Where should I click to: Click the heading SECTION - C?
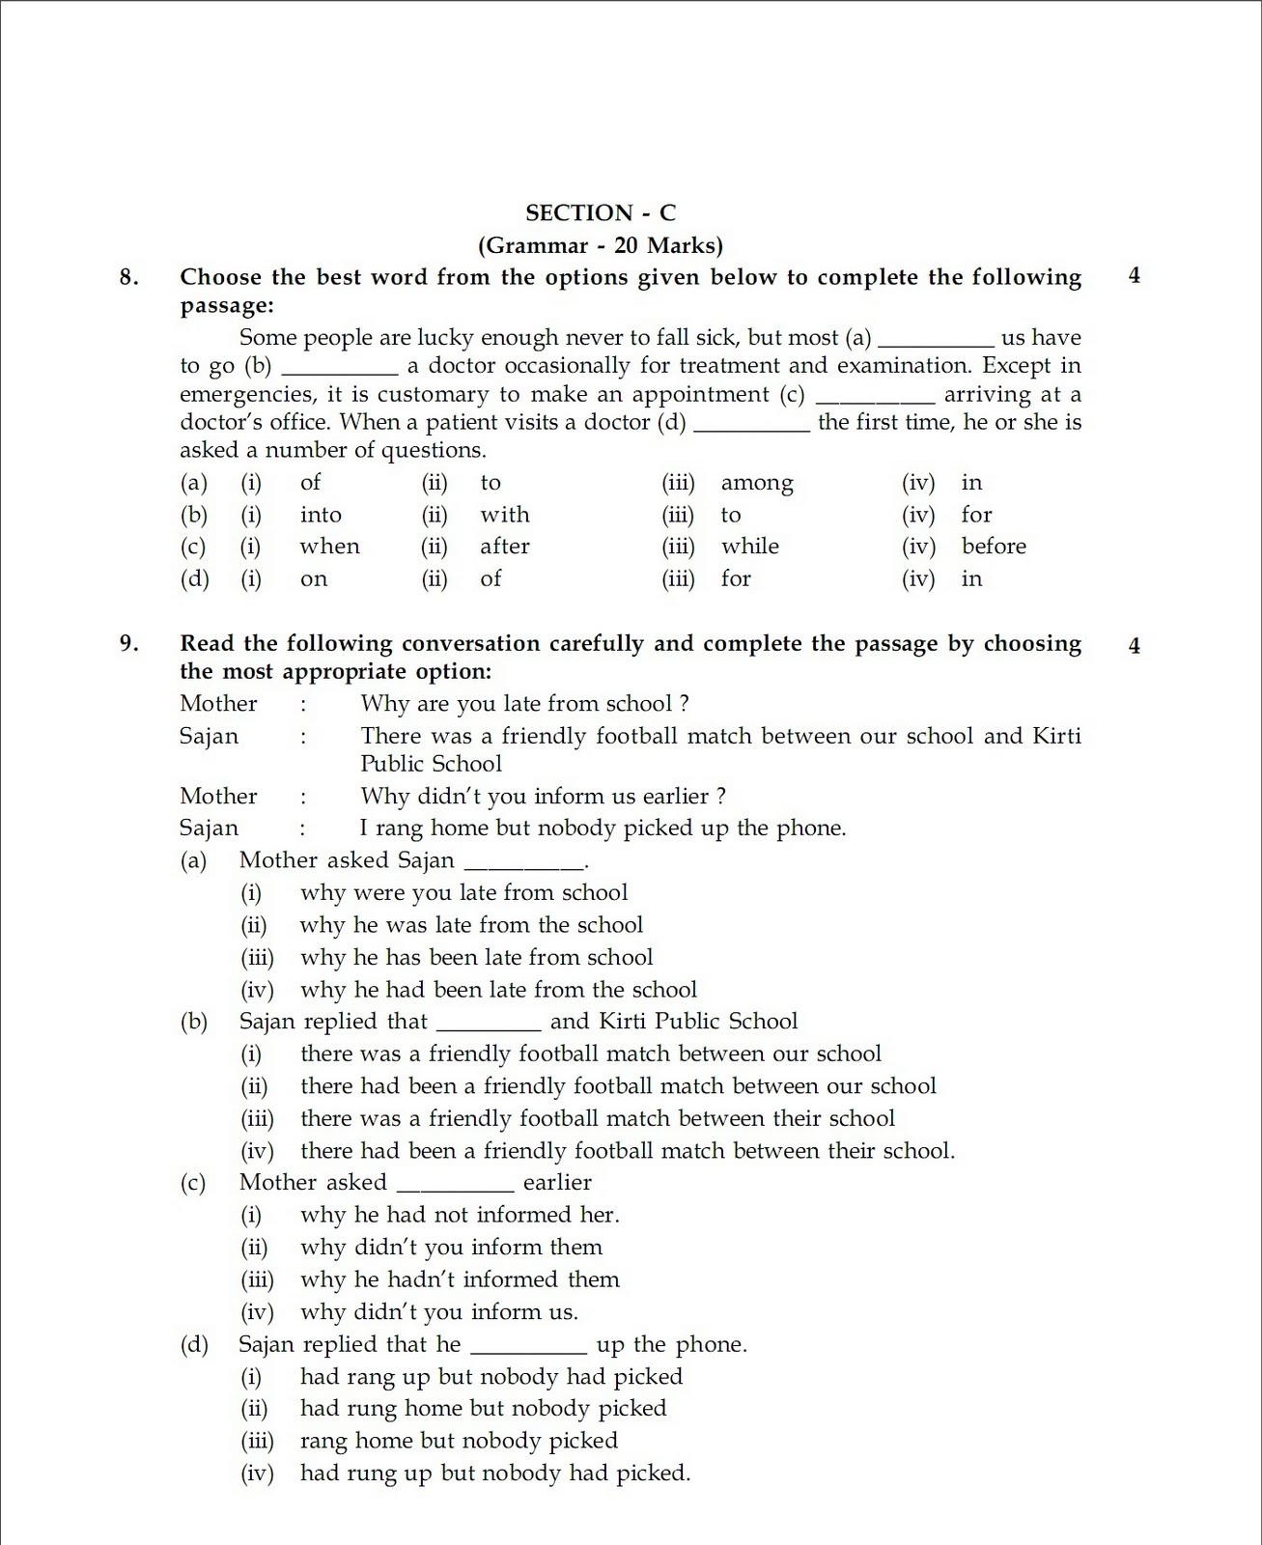click(x=600, y=212)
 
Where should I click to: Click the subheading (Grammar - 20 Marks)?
click(x=600, y=245)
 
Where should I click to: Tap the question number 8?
click(x=129, y=277)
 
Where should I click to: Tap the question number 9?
click(x=129, y=643)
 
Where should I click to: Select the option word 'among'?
click(x=757, y=483)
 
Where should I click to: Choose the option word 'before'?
click(x=994, y=547)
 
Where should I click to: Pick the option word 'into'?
click(x=321, y=515)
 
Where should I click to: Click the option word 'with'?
click(x=505, y=515)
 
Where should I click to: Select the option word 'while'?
click(x=750, y=547)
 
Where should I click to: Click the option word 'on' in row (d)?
click(x=314, y=579)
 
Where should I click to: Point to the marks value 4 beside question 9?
click(x=1134, y=646)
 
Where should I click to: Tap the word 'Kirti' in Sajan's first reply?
click(x=1056, y=736)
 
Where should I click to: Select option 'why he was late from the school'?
click(x=471, y=925)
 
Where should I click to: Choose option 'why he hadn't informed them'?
click(x=460, y=1279)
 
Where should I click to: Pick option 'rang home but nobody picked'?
click(x=459, y=1441)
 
